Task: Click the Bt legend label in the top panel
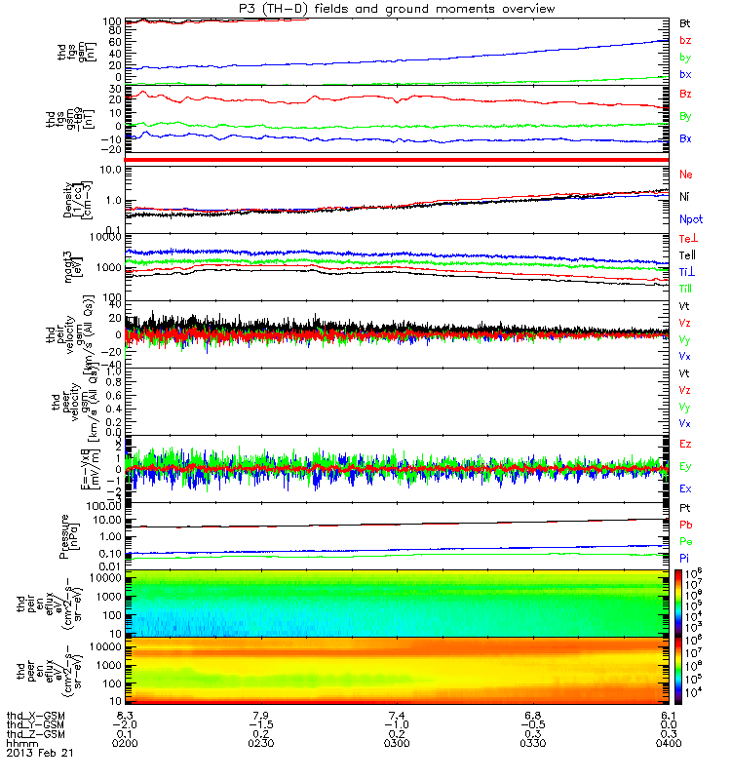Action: pos(685,21)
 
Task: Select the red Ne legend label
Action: pos(686,175)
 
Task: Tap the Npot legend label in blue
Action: pos(689,220)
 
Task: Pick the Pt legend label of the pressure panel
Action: pos(685,509)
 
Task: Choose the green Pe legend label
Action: pos(686,540)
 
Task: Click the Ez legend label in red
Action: pos(686,444)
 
